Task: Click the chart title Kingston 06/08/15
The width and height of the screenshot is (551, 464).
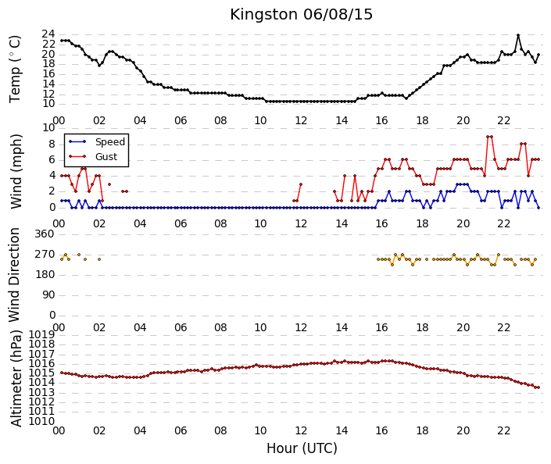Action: pyautogui.click(x=301, y=15)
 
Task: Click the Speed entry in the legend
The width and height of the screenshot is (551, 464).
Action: pyautogui.click(x=110, y=142)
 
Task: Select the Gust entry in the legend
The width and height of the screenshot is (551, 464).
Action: pyautogui.click(x=106, y=157)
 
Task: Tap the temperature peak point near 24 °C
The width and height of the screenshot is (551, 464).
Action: pyautogui.click(x=518, y=35)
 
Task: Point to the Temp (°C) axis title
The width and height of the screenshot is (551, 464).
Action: pyautogui.click(x=15, y=70)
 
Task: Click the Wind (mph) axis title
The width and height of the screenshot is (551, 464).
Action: pyautogui.click(x=16, y=171)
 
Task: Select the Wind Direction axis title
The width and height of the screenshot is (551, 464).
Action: pyautogui.click(x=14, y=275)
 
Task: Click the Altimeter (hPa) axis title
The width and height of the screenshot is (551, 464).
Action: pyautogui.click(x=16, y=378)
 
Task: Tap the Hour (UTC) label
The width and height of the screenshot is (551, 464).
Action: pyautogui.click(x=302, y=448)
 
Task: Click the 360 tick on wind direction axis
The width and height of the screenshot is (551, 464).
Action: pyautogui.click(x=45, y=234)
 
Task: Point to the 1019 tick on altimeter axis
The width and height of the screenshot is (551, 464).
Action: pyautogui.click(x=41, y=334)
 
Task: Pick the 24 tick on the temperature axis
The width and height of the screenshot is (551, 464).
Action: pyautogui.click(x=48, y=34)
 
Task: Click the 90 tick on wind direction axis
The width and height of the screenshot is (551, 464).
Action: pyautogui.click(x=48, y=295)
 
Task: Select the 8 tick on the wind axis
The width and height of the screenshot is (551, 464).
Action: pyautogui.click(x=52, y=145)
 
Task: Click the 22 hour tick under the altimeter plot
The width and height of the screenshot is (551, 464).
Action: pyautogui.click(x=503, y=430)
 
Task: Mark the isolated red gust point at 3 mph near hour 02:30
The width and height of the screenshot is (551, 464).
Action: pyautogui.click(x=109, y=184)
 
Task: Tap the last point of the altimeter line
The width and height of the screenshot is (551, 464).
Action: pyautogui.click(x=538, y=387)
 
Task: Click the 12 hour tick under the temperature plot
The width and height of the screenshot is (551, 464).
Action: pyautogui.click(x=301, y=121)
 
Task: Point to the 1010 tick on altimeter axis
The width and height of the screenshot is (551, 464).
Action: pyautogui.click(x=41, y=421)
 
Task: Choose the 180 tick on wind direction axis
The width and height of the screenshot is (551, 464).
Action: pyautogui.click(x=45, y=275)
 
